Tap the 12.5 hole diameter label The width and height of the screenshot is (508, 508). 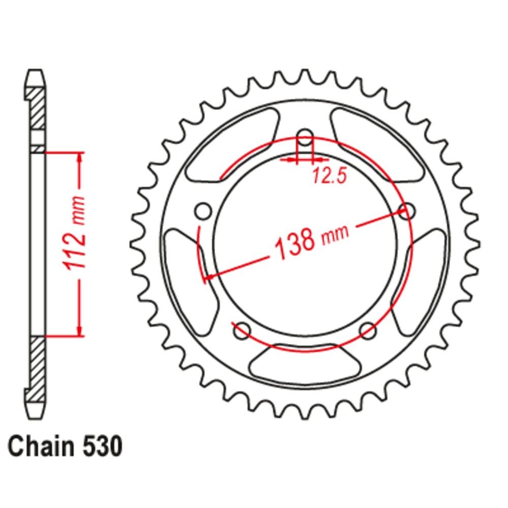pyautogui.click(x=329, y=176)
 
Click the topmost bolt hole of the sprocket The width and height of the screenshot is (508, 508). pyautogui.click(x=305, y=137)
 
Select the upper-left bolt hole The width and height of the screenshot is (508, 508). pyautogui.click(x=204, y=210)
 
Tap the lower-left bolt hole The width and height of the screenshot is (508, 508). pyautogui.click(x=242, y=331)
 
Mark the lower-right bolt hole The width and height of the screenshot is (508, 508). pyautogui.click(x=368, y=331)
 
